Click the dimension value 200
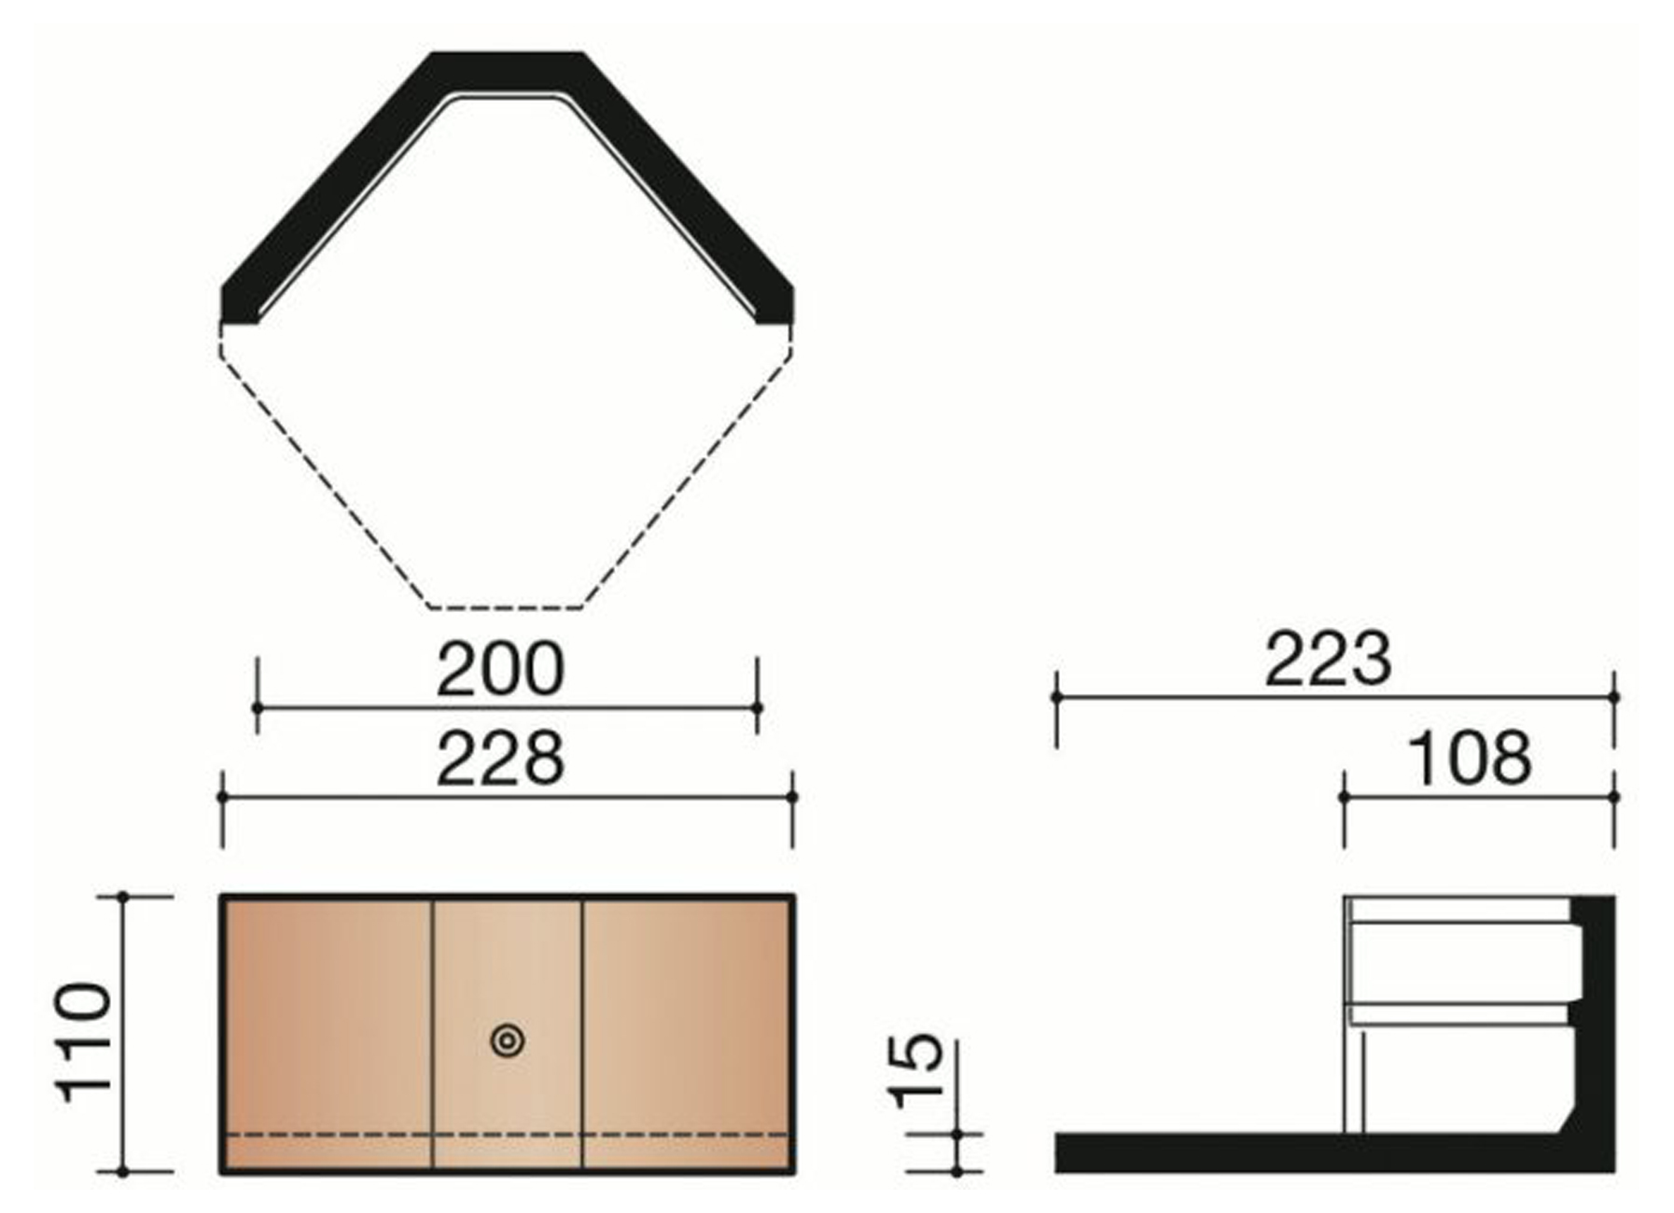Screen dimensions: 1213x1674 tap(500, 669)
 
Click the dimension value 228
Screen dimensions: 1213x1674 tap(500, 759)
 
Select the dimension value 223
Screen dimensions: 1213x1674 tap(1327, 659)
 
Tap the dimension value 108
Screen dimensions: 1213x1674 tap(1469, 759)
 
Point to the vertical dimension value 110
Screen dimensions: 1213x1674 tap(84, 1041)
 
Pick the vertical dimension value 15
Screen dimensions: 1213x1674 tap(917, 1070)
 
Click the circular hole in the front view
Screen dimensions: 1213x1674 tap(508, 1040)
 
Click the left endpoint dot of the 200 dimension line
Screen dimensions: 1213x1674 tap(258, 708)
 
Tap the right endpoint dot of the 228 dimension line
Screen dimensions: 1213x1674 tap(792, 797)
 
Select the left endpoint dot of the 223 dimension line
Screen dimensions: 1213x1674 tap(1056, 697)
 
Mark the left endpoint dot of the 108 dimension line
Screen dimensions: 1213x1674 tap(1344, 797)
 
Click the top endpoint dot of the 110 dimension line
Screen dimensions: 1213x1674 tap(123, 897)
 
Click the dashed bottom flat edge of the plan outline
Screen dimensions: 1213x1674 tap(506, 608)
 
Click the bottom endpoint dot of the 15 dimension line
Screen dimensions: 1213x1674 tap(957, 1171)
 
